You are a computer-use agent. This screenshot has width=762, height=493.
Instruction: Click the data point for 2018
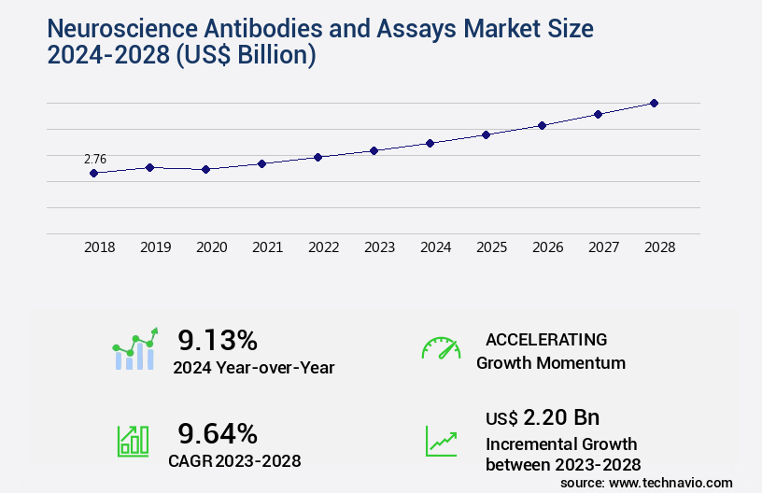(93, 173)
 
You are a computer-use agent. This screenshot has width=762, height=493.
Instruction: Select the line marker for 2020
(205, 169)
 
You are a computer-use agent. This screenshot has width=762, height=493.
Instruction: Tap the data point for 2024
(430, 143)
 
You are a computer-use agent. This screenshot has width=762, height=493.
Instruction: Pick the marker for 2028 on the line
(654, 103)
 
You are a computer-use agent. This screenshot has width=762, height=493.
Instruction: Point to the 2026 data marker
(542, 125)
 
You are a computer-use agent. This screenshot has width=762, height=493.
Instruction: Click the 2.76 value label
(95, 159)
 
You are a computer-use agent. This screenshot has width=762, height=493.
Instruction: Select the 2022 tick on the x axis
(323, 247)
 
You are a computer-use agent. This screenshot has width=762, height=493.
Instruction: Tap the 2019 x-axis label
(155, 247)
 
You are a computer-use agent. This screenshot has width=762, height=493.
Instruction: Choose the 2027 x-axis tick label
(603, 247)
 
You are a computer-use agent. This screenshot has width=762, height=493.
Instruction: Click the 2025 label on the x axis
(491, 247)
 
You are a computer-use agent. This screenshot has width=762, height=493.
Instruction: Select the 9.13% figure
(218, 340)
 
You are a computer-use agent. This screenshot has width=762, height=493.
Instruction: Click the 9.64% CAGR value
(218, 433)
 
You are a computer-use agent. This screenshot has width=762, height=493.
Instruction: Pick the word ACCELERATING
(546, 339)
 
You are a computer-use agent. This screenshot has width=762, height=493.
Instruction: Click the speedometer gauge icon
(441, 347)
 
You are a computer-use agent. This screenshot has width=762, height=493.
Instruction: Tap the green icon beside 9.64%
(133, 441)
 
